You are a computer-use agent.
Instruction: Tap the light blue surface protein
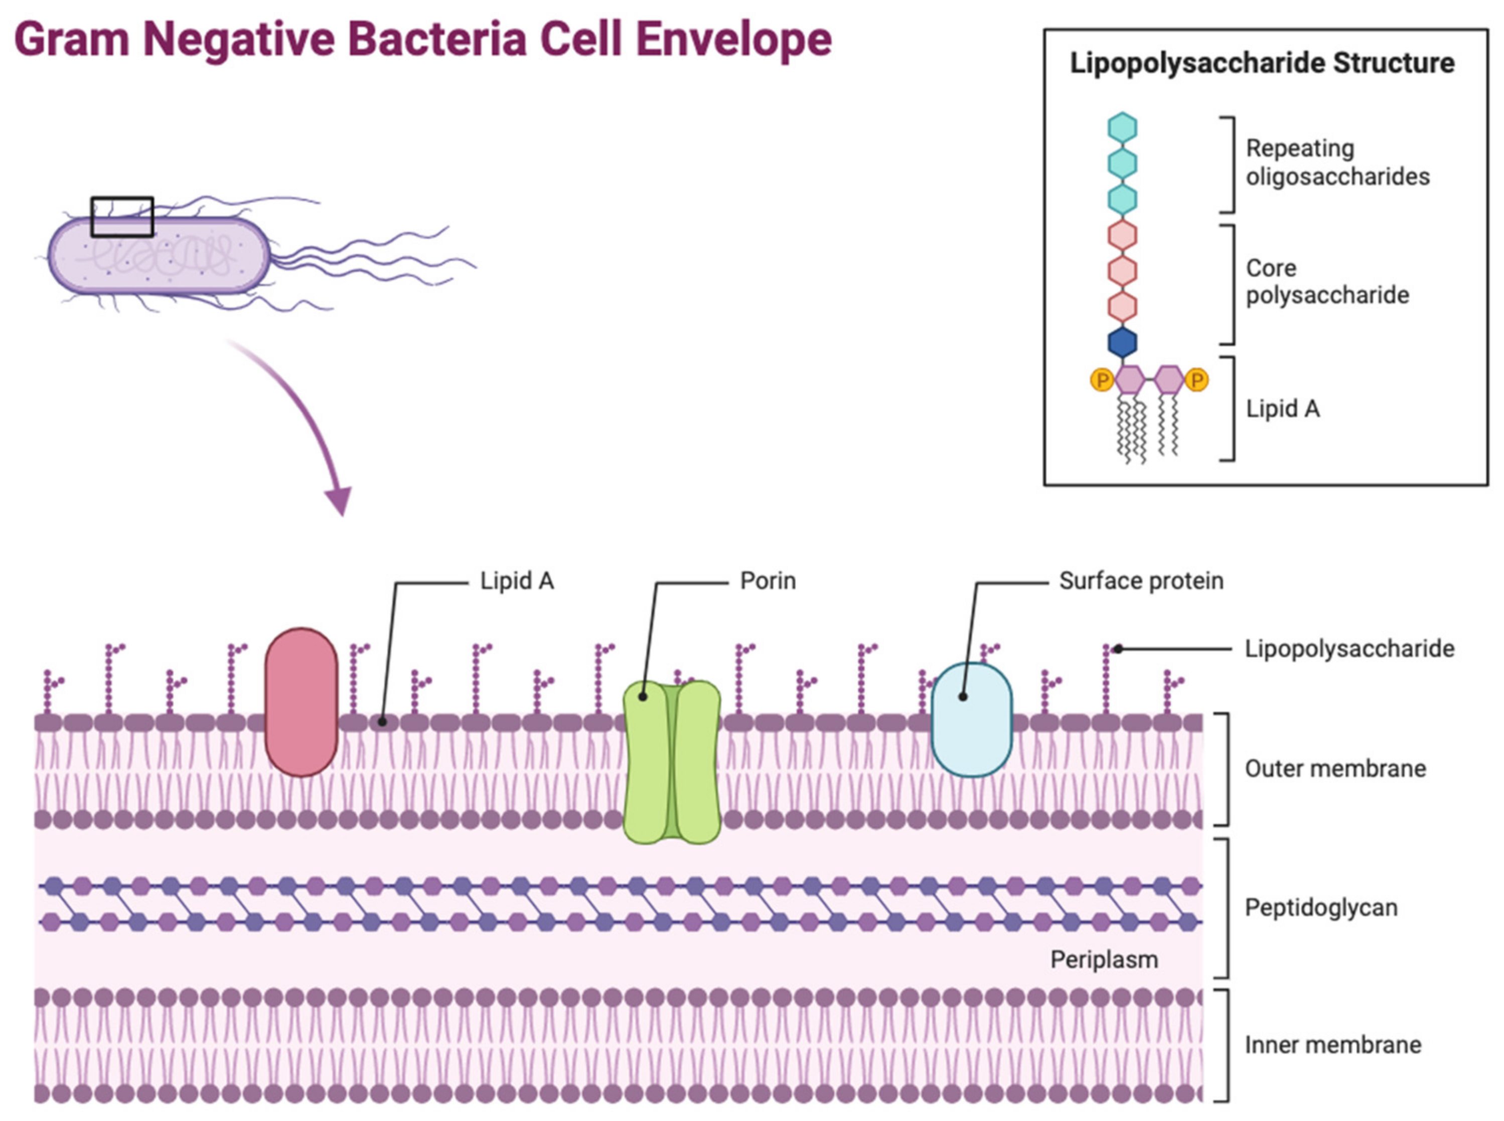(971, 719)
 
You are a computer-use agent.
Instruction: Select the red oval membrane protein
(301, 702)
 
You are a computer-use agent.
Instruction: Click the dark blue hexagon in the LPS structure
(1122, 342)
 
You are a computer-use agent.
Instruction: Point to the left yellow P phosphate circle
(1102, 380)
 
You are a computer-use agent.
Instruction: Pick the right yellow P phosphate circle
(1196, 380)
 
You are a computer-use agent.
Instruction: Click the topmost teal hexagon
(1122, 127)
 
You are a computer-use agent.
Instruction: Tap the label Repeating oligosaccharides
(1337, 162)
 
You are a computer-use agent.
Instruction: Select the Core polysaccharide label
(1327, 282)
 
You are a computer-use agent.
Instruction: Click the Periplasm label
(1104, 959)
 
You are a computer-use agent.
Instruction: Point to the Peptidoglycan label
(1321, 907)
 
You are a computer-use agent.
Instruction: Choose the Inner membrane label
(1332, 1044)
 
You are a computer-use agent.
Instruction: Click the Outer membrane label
(1335, 768)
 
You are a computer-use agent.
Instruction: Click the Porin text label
(767, 581)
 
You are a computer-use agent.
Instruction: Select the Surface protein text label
(1141, 581)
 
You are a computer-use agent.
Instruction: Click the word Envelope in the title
(732, 39)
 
